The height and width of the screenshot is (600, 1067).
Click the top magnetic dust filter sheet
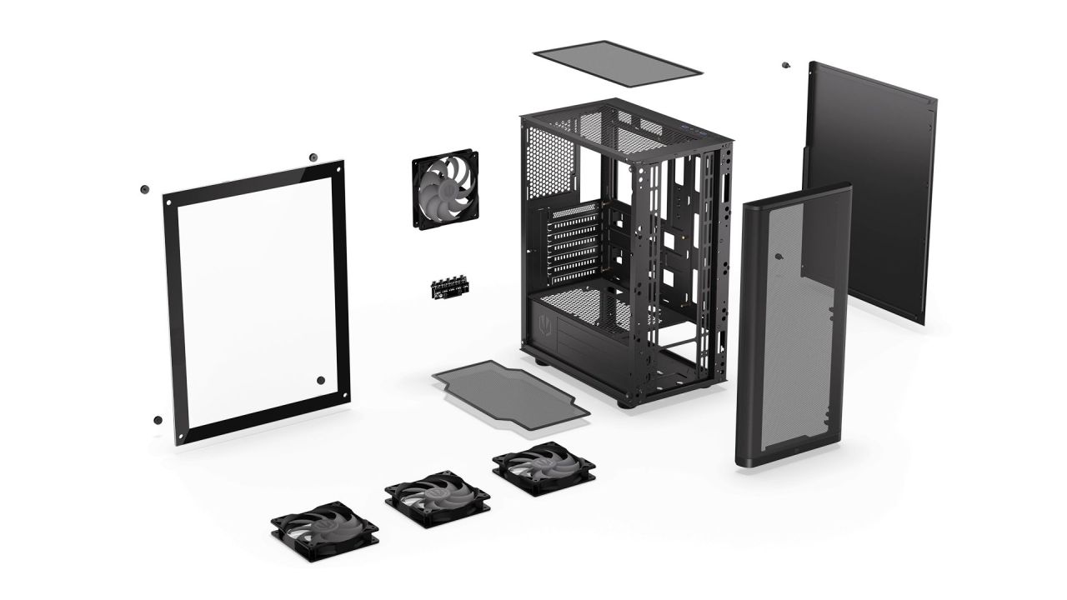[x=617, y=63]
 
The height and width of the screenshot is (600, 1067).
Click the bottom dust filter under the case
[x=510, y=396]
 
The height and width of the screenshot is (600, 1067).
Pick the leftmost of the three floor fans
[x=324, y=527]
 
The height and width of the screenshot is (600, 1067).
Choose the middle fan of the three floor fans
[x=437, y=497]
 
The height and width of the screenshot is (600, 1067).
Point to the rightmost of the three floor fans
[x=544, y=466]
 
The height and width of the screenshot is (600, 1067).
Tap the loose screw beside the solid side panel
[x=785, y=65]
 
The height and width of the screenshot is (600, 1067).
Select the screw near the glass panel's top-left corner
[x=144, y=189]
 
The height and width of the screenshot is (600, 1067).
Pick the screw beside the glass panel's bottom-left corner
[x=158, y=419]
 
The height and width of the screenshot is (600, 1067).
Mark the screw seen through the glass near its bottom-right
[x=321, y=381]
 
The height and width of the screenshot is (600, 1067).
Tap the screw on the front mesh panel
[x=777, y=257]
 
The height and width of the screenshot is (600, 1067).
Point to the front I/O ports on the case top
[x=694, y=129]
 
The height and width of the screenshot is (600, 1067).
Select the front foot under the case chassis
[x=624, y=402]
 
